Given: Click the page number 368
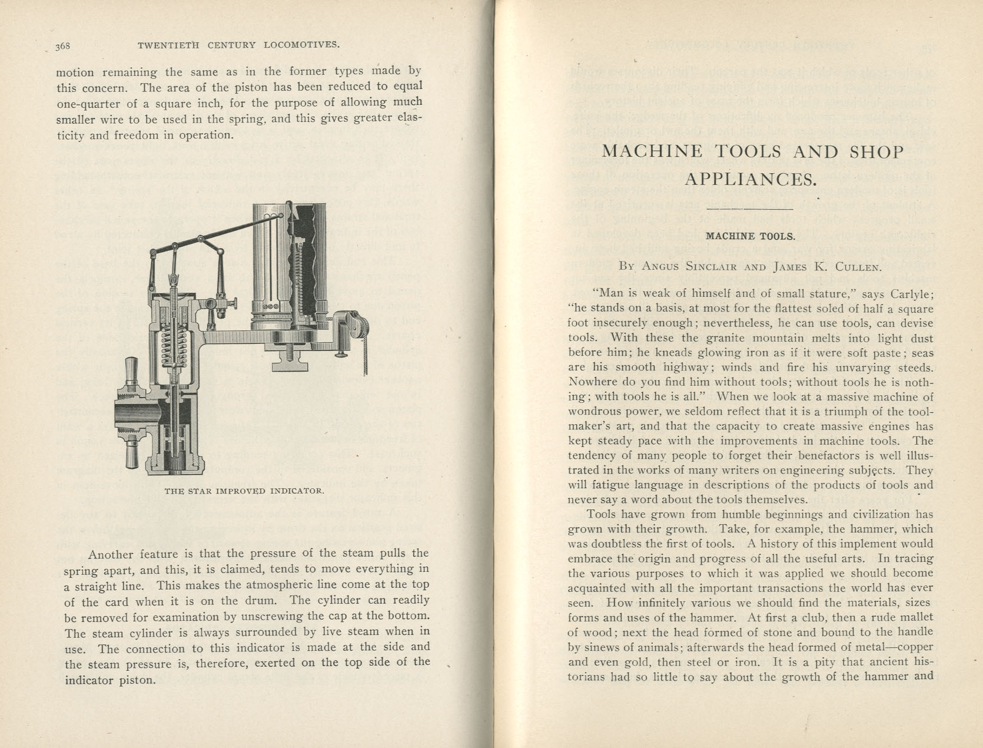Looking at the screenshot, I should pyautogui.click(x=63, y=47).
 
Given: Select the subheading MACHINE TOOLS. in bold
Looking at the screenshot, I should pyautogui.click(x=750, y=237).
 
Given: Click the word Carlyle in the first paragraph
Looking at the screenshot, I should pyautogui.click(x=912, y=294).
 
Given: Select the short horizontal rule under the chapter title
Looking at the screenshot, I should pyautogui.click(x=750, y=208).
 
